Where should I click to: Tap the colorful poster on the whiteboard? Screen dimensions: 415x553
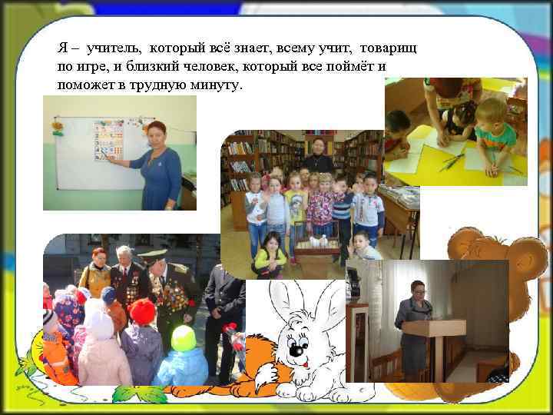108,140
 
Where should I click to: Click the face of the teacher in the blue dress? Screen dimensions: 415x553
157,133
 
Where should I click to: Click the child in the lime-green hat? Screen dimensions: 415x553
183,338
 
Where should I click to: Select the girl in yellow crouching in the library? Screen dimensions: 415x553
270,257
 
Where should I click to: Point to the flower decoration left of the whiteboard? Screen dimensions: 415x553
57,124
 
